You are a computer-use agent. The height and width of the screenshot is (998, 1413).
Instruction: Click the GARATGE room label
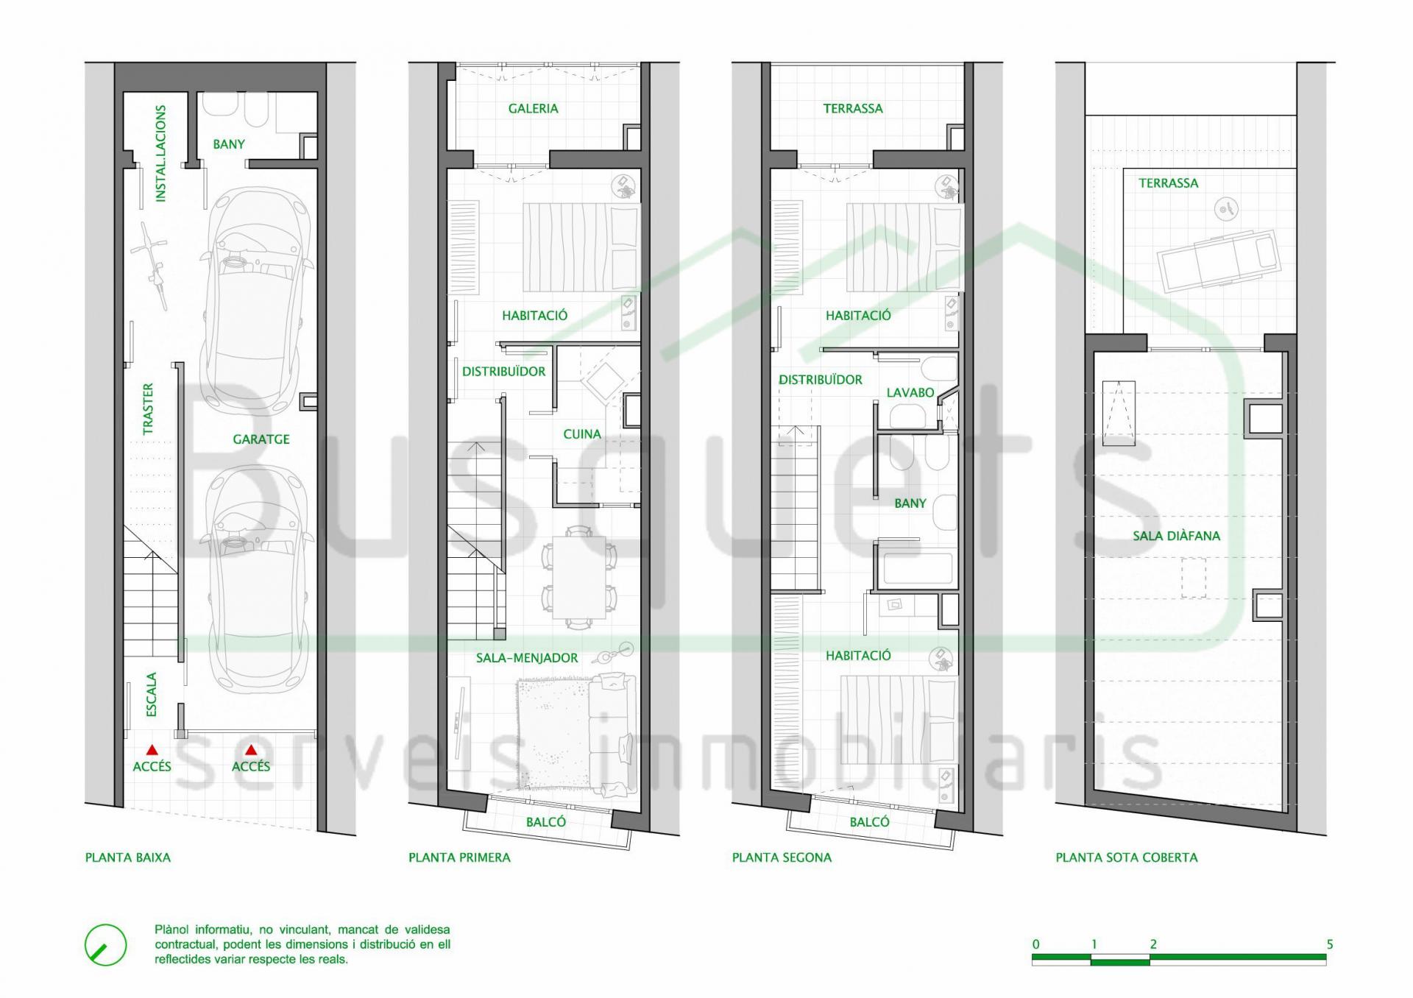point(261,439)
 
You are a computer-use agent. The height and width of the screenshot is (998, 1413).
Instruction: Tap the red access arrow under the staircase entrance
point(152,750)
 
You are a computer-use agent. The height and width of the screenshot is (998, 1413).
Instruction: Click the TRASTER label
point(149,408)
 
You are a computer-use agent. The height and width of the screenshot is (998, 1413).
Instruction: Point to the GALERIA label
point(534,109)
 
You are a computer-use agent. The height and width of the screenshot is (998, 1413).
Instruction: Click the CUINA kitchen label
point(582,434)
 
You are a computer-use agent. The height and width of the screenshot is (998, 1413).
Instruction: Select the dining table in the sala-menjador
point(579,577)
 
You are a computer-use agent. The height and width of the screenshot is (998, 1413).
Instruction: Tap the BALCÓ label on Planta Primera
point(546,822)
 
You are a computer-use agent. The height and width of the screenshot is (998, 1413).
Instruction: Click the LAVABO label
point(910,393)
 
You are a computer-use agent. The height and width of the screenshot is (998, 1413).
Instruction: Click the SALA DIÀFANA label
point(1176,536)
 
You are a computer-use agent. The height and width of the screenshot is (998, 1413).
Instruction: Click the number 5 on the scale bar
point(1329,944)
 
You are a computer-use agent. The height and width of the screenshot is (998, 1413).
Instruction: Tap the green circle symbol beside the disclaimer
point(106,945)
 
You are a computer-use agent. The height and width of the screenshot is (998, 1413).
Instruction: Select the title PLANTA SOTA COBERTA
point(1127,857)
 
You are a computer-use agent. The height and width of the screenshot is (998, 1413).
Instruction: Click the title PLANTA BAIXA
point(128,857)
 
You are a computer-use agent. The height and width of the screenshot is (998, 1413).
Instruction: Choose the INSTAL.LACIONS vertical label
point(161,154)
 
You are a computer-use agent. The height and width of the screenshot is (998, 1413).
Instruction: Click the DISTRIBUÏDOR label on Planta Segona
point(821,380)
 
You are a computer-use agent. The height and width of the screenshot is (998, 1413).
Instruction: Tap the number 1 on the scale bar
point(1094,944)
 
